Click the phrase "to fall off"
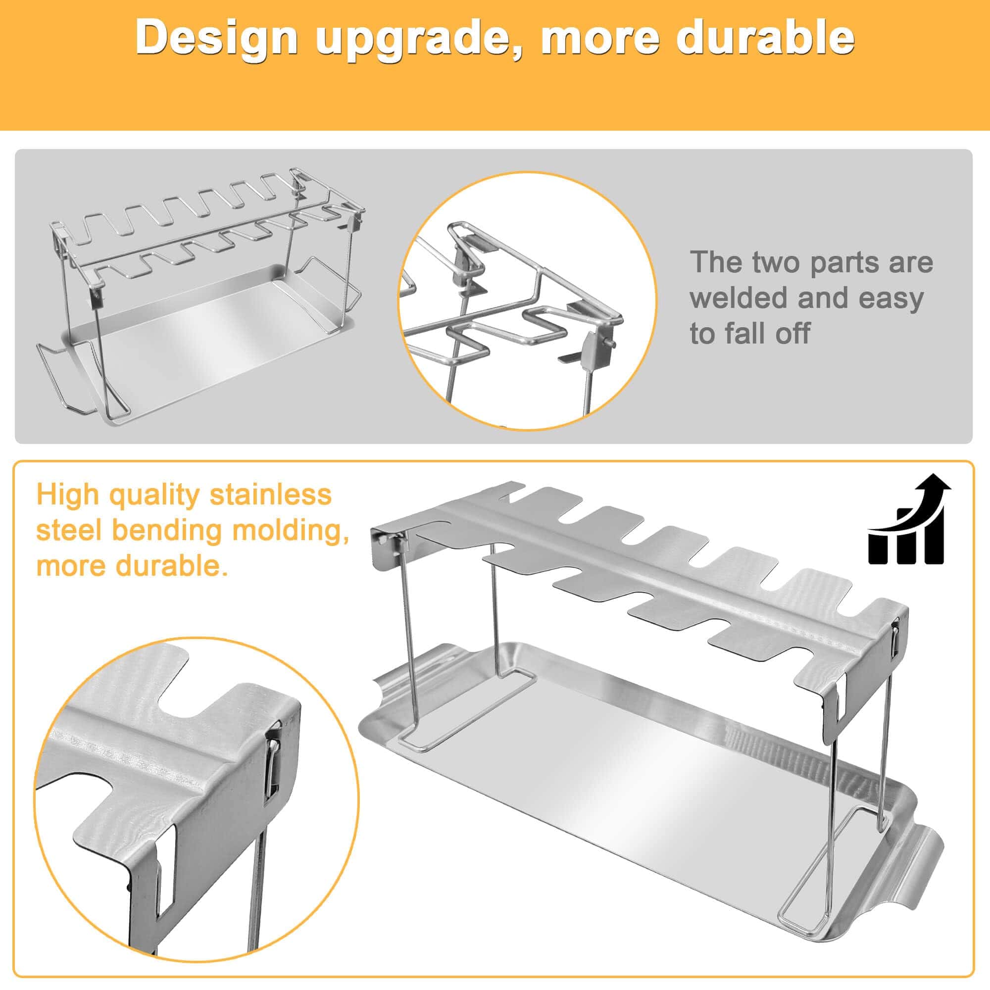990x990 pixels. click(x=749, y=333)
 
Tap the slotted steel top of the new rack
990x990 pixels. click(x=641, y=579)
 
